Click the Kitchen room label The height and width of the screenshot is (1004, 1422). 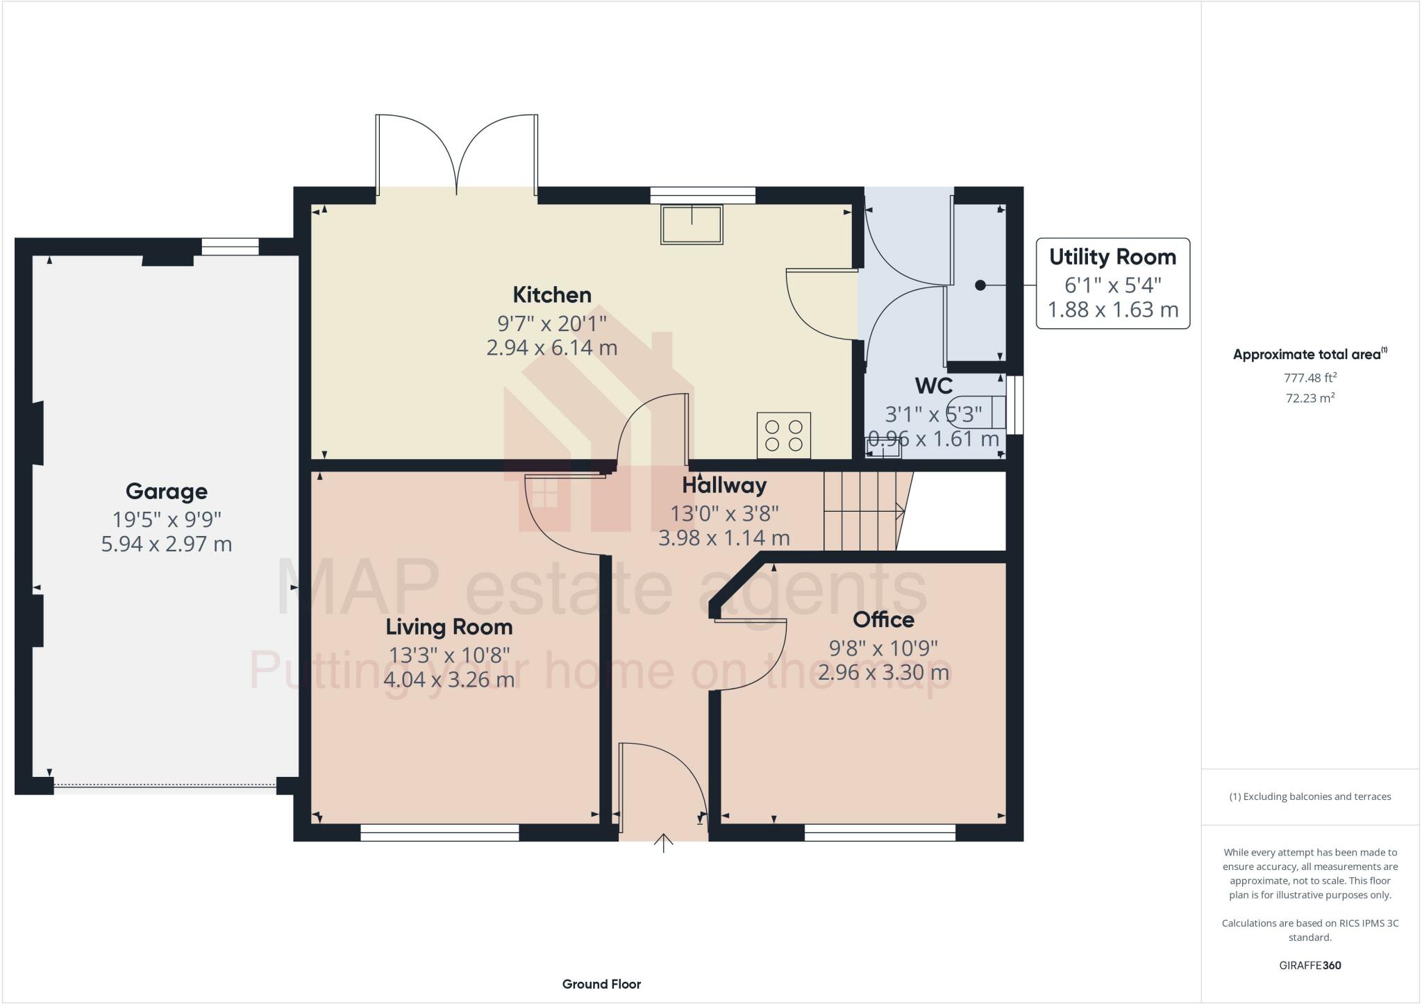(x=552, y=294)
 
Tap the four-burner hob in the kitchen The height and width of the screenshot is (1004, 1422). (x=783, y=435)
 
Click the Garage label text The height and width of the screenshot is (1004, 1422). (x=167, y=492)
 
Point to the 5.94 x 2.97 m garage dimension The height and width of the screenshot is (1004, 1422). (x=167, y=544)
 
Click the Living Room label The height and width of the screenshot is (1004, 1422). (x=449, y=627)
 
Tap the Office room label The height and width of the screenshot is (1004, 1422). (x=883, y=619)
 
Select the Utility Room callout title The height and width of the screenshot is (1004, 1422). (x=1112, y=257)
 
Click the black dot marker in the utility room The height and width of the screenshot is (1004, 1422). (x=980, y=285)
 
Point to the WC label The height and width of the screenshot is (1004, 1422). (x=933, y=385)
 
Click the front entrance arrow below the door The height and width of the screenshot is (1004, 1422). (x=664, y=843)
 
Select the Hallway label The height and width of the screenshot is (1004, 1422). (x=724, y=485)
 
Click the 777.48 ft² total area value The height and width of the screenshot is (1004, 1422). (x=1310, y=378)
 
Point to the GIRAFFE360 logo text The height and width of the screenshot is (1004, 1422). (x=1310, y=965)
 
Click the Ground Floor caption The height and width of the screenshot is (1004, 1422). (x=601, y=984)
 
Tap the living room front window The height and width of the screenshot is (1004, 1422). (x=440, y=833)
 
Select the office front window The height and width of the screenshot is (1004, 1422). (x=880, y=833)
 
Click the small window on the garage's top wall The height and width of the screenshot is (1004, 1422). (x=230, y=246)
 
